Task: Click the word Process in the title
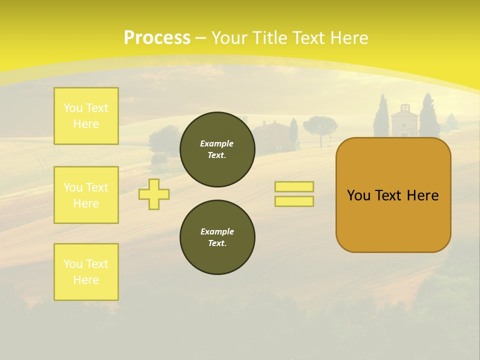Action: (x=156, y=38)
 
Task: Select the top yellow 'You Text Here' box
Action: (x=86, y=116)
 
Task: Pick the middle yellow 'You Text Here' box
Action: (x=86, y=195)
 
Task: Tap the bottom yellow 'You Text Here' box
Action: (x=86, y=272)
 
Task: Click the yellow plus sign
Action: (x=154, y=194)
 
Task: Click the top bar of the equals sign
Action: (x=294, y=186)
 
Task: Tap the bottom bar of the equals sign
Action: (x=294, y=201)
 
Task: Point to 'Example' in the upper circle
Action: (x=216, y=143)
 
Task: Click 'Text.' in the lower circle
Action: (x=217, y=243)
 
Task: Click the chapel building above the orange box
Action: (x=404, y=120)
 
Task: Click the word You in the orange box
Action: (x=358, y=195)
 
